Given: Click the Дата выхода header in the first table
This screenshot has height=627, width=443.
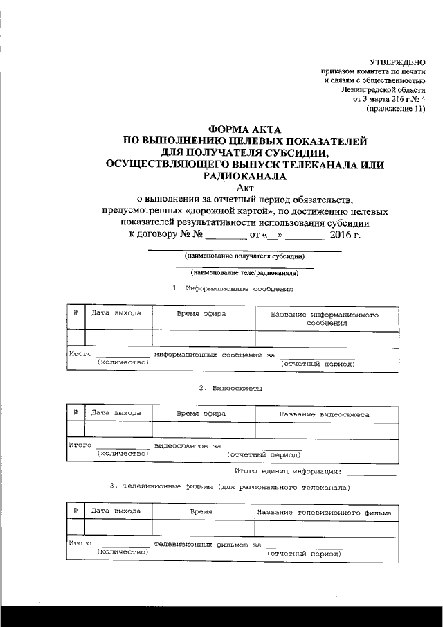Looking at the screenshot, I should [116, 313].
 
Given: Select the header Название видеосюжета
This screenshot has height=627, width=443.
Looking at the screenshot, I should [324, 414].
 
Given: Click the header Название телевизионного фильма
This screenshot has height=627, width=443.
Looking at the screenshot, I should [324, 513].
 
